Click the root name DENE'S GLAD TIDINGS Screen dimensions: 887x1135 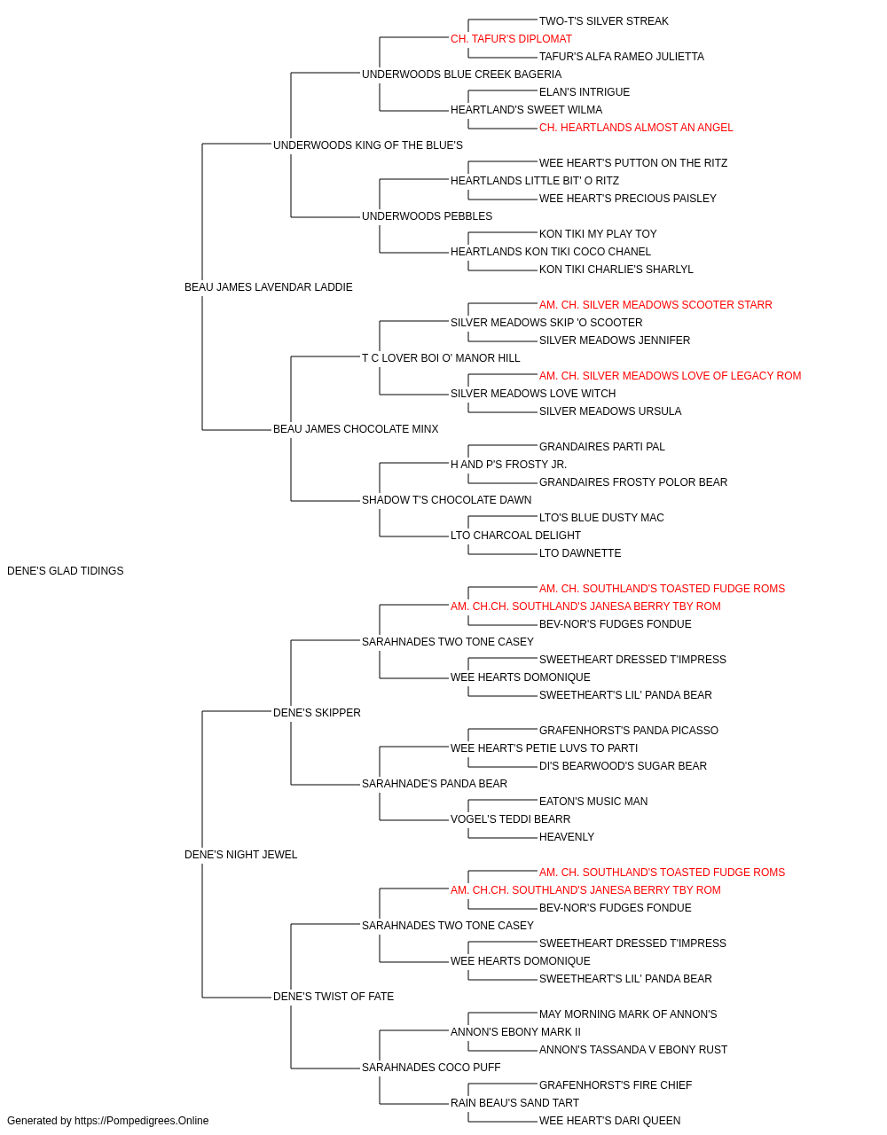(66, 571)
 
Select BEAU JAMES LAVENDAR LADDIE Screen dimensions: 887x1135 (269, 287)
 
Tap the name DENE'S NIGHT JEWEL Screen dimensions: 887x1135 (240, 855)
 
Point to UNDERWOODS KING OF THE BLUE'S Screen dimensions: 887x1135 (368, 145)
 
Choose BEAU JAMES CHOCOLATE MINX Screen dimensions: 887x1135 (356, 429)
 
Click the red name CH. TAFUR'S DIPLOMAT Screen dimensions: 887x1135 (512, 39)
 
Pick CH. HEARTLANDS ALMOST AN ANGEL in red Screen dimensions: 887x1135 (636, 128)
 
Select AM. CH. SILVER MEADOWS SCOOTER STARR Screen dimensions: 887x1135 (655, 304)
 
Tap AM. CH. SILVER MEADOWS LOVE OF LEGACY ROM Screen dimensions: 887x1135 (671, 376)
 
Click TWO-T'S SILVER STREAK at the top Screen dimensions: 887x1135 (604, 21)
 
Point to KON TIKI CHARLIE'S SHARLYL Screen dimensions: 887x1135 (616, 270)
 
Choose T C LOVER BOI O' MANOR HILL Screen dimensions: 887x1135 (441, 357)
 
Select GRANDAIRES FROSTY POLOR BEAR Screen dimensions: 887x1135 (633, 482)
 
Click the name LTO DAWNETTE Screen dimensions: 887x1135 (580, 553)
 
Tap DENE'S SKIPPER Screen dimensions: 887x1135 (317, 713)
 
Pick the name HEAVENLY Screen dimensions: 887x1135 (567, 837)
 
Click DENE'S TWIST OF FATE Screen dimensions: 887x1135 (334, 997)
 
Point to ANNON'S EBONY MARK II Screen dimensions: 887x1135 (515, 1032)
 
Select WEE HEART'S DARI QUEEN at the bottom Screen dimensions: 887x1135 (610, 1121)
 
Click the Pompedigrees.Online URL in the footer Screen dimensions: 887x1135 (142, 1121)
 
